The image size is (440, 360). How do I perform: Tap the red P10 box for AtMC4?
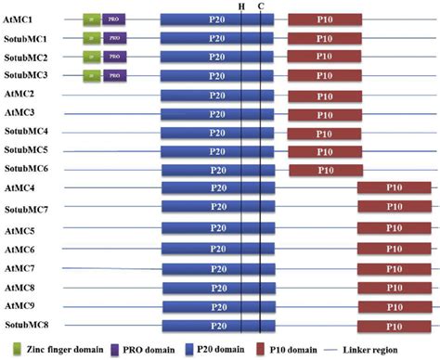click(394, 189)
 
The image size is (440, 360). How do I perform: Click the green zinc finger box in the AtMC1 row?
click(91, 19)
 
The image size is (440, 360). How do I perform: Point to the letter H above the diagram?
click(241, 6)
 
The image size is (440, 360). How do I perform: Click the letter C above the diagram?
click(261, 6)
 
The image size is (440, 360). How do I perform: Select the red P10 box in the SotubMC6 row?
click(325, 170)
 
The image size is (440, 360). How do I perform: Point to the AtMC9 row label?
click(21, 306)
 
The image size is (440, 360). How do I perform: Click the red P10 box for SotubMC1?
click(325, 38)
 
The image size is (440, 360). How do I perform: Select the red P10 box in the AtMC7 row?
click(394, 269)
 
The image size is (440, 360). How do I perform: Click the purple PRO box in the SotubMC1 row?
click(113, 38)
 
